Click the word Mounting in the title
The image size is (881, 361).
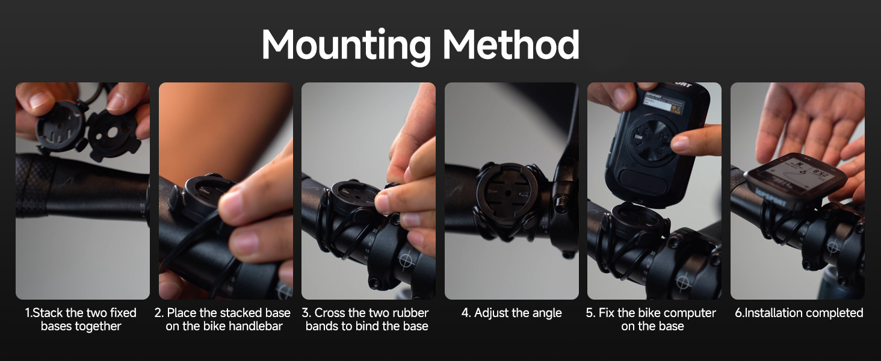pos(347,45)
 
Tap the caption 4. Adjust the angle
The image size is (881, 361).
pos(512,313)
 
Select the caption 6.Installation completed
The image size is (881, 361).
pos(799,313)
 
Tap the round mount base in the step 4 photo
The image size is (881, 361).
pos(507,195)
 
